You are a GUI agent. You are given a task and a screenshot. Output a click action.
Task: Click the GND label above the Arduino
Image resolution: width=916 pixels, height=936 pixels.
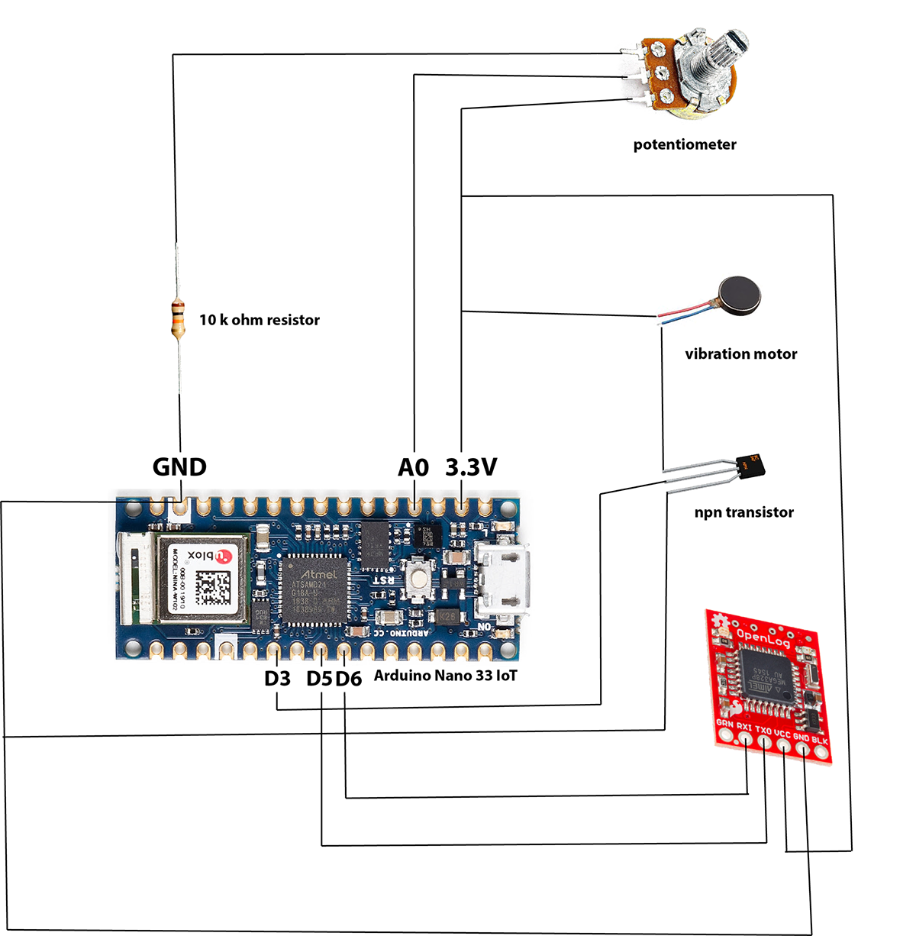[x=179, y=466]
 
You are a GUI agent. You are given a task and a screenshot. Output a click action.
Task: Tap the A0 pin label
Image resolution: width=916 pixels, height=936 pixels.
[x=414, y=466]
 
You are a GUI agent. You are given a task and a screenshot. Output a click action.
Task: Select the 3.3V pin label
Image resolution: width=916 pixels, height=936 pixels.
[x=471, y=466]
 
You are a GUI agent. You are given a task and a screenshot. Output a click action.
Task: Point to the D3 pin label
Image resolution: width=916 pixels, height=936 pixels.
[x=278, y=678]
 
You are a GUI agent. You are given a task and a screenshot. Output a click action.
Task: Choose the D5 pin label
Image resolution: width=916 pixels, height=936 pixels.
[x=319, y=678]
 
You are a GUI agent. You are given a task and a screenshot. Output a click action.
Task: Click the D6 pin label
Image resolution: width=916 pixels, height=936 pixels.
[x=347, y=678]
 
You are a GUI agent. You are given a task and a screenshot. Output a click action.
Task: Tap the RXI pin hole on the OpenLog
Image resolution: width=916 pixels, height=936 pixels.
[x=745, y=741]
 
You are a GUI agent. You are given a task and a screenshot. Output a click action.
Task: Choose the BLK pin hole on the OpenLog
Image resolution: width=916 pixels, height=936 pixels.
[x=821, y=753]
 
